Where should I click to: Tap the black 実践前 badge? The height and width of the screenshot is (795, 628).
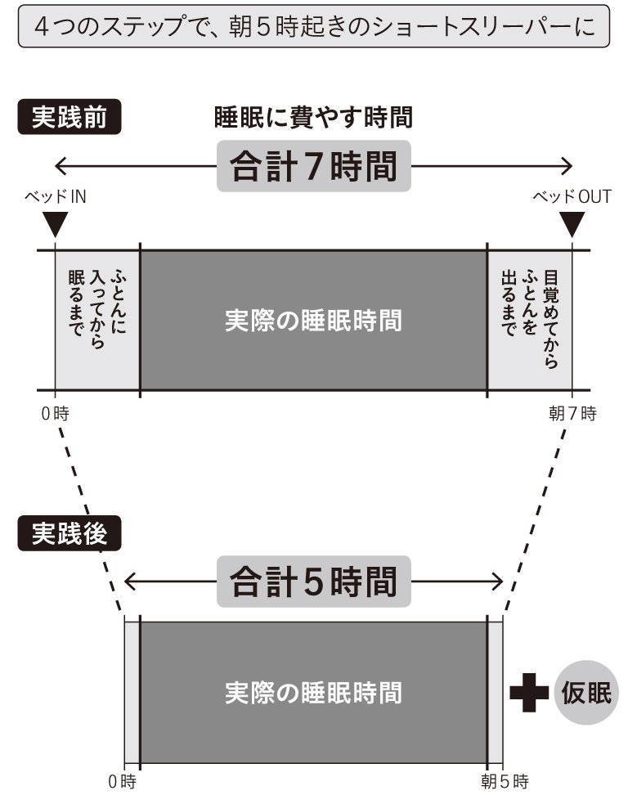pyautogui.click(x=69, y=117)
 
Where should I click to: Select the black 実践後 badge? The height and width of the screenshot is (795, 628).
pyautogui.click(x=69, y=533)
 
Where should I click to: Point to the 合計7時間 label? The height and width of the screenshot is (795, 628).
pyautogui.click(x=314, y=167)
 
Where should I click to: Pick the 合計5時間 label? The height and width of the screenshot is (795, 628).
pyautogui.click(x=314, y=582)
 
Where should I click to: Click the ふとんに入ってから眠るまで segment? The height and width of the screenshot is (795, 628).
pyautogui.click(x=96, y=319)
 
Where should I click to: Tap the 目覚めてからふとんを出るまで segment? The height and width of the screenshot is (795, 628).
pyautogui.click(x=529, y=319)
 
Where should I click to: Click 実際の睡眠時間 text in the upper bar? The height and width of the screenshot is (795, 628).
pyautogui.click(x=313, y=320)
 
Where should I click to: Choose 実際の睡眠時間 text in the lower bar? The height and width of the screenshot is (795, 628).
pyautogui.click(x=313, y=692)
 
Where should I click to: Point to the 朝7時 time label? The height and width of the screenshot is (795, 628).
pyautogui.click(x=572, y=413)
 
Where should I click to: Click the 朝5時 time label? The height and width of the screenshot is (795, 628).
pyautogui.click(x=505, y=781)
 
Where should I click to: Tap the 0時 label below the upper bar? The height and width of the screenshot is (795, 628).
pyautogui.click(x=56, y=413)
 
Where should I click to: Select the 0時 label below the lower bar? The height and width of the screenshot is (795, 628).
pyautogui.click(x=123, y=781)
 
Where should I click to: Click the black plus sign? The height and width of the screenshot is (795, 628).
pyautogui.click(x=528, y=692)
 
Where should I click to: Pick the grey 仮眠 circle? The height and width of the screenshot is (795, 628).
pyautogui.click(x=586, y=692)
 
